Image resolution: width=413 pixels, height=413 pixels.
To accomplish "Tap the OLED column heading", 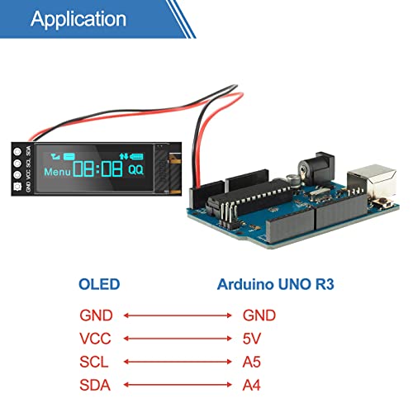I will [99, 285].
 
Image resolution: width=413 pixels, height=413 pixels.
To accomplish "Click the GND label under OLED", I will [95, 316].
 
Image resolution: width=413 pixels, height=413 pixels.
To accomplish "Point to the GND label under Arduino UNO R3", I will [259, 316].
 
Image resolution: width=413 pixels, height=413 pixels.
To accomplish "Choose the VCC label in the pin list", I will [95, 339].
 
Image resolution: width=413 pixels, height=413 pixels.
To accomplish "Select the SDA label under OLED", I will [95, 385].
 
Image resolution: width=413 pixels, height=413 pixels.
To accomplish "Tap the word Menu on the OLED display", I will [58, 173].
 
